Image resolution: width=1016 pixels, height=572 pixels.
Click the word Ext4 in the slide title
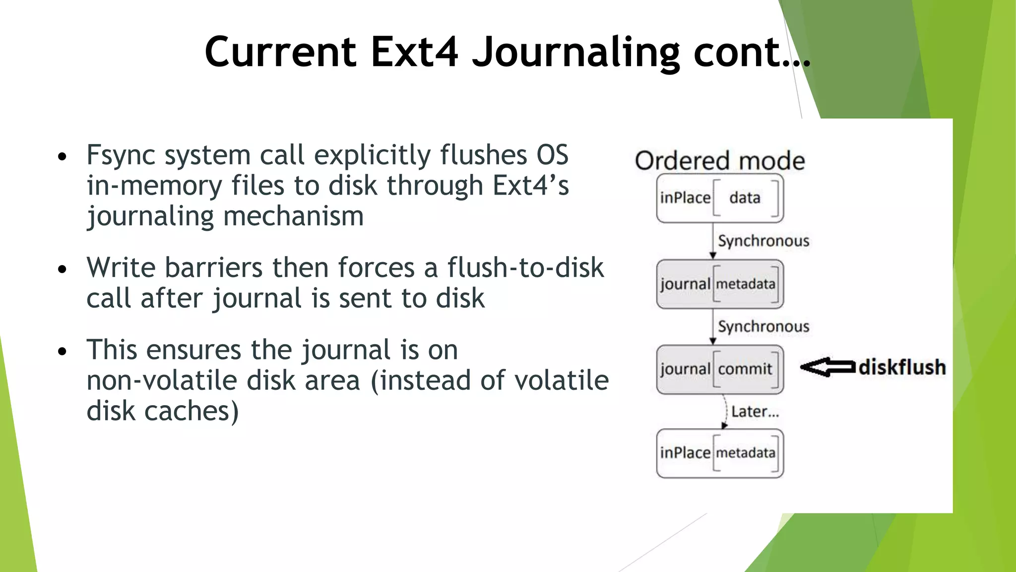414,52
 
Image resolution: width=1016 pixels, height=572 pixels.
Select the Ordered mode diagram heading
719,161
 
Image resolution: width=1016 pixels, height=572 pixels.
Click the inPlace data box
720,198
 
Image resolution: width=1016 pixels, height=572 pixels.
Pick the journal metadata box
720,284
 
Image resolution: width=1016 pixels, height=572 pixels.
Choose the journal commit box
720,369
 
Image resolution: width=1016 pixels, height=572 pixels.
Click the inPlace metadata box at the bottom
720,453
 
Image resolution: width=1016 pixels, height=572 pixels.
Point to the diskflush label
902,367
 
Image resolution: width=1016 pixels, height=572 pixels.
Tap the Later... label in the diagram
755,412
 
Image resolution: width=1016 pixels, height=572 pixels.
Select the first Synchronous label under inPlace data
763,241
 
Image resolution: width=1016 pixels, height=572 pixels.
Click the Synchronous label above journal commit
763,327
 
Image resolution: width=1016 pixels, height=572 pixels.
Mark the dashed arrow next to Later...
725,411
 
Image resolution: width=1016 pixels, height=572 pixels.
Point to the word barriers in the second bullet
213,268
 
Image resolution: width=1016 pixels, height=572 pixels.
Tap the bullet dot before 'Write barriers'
62,269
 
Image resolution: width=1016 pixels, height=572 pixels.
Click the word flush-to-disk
525,268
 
